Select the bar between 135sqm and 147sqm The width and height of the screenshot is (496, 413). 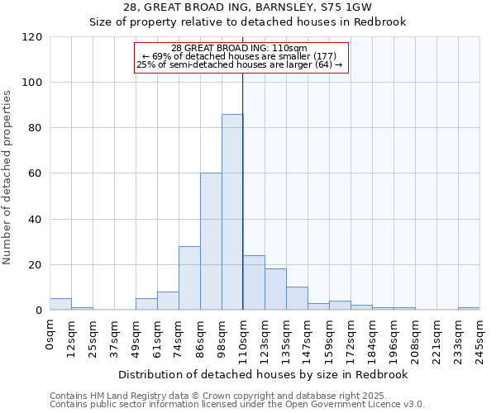pyautogui.click(x=297, y=298)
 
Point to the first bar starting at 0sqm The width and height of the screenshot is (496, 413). pyautogui.click(x=60, y=304)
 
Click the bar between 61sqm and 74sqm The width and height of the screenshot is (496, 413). pyautogui.click(x=168, y=301)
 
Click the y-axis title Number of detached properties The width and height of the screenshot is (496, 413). pyautogui.click(x=8, y=178)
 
